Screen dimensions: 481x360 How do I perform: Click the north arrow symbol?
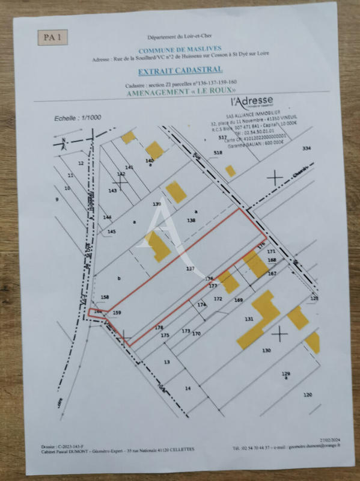[62, 143]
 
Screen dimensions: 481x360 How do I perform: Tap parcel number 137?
[191, 269]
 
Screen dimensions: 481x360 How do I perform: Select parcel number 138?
[192, 221]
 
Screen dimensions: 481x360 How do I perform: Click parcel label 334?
[307, 148]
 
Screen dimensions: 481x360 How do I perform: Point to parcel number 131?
[249, 319]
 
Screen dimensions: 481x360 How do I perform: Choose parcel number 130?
[267, 350]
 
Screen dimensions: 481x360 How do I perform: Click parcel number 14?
[188, 389]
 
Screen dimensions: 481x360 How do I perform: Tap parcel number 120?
[308, 394]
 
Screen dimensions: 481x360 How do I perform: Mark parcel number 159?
[117, 313]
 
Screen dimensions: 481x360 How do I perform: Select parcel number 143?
[112, 191]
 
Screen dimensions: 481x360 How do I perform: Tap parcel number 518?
[218, 153]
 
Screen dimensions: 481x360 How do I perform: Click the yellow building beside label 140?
[154, 150]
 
